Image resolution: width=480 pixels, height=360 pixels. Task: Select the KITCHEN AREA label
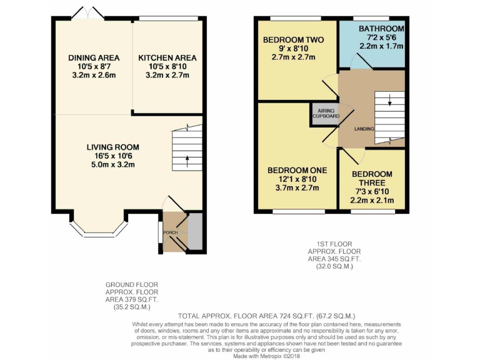tap(167, 58)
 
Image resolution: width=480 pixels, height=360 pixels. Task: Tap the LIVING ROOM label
tap(112, 147)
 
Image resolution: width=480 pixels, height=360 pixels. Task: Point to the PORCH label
tap(171, 233)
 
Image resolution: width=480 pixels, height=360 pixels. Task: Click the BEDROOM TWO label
tap(292, 40)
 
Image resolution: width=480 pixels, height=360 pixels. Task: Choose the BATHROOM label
tap(381, 29)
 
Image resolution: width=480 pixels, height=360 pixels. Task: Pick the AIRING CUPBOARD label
tap(324, 114)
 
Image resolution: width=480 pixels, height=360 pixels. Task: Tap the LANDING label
tap(364, 129)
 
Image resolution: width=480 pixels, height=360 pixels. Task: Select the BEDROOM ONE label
tap(297, 170)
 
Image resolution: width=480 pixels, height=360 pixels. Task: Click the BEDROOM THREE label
tap(372, 179)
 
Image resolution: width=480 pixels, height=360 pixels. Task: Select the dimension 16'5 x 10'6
tap(112, 156)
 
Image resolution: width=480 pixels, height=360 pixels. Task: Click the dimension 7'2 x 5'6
tap(381, 38)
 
